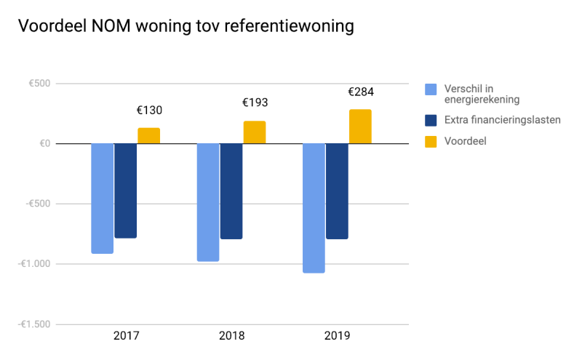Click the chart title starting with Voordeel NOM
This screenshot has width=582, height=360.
pyautogui.click(x=186, y=26)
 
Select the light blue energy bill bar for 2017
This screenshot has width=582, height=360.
pyautogui.click(x=103, y=198)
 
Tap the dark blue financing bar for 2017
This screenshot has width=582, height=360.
pyautogui.click(x=126, y=191)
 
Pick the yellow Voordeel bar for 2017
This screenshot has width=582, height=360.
pyautogui.click(x=149, y=135)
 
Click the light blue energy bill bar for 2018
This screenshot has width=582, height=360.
pyautogui.click(x=208, y=202)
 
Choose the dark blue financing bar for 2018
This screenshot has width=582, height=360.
pyautogui.click(x=231, y=191)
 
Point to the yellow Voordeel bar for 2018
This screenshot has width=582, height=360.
pyautogui.click(x=255, y=132)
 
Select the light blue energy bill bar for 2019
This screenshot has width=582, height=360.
pyautogui.click(x=314, y=208)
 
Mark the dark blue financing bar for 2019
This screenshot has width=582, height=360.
pyautogui.click(x=337, y=191)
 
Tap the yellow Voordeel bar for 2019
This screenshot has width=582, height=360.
pyautogui.click(x=360, y=127)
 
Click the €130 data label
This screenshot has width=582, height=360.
pyautogui.click(x=149, y=111)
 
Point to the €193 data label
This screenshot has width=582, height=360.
pyautogui.click(x=255, y=103)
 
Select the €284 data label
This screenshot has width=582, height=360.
pyautogui.click(x=360, y=92)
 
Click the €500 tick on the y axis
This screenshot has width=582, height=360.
pyautogui.click(x=39, y=84)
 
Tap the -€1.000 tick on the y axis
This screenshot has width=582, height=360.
pyautogui.click(x=34, y=264)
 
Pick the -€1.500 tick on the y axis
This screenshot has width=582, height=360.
pyautogui.click(x=34, y=324)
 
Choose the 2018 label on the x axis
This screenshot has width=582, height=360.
pyautogui.click(x=231, y=336)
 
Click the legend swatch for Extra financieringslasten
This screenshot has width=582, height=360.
pyautogui.click(x=431, y=120)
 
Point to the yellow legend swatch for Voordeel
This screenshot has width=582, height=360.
pyautogui.click(x=431, y=141)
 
